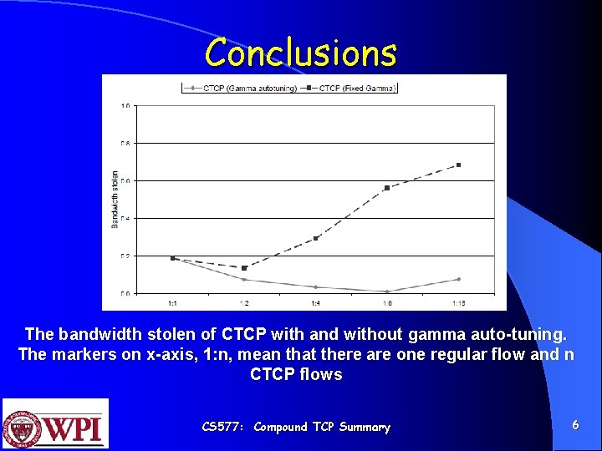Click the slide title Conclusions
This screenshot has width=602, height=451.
300,52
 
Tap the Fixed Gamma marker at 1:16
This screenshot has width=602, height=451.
458,165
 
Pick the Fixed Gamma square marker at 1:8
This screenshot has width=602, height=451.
386,188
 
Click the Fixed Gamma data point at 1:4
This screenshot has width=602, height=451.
315,239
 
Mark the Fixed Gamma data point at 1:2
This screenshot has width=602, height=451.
243,268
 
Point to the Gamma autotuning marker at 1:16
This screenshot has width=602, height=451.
458,279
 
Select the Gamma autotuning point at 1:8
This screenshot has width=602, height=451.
386,291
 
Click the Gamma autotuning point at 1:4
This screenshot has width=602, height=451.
315,287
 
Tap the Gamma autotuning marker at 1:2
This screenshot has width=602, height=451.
243,280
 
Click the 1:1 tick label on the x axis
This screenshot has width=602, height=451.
172,302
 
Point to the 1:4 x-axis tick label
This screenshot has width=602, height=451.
315,302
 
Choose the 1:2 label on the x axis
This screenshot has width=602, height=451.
243,302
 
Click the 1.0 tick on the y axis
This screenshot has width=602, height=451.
125,106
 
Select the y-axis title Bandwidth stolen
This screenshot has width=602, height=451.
115,199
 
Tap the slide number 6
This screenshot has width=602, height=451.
575,425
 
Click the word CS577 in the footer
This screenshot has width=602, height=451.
222,427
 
